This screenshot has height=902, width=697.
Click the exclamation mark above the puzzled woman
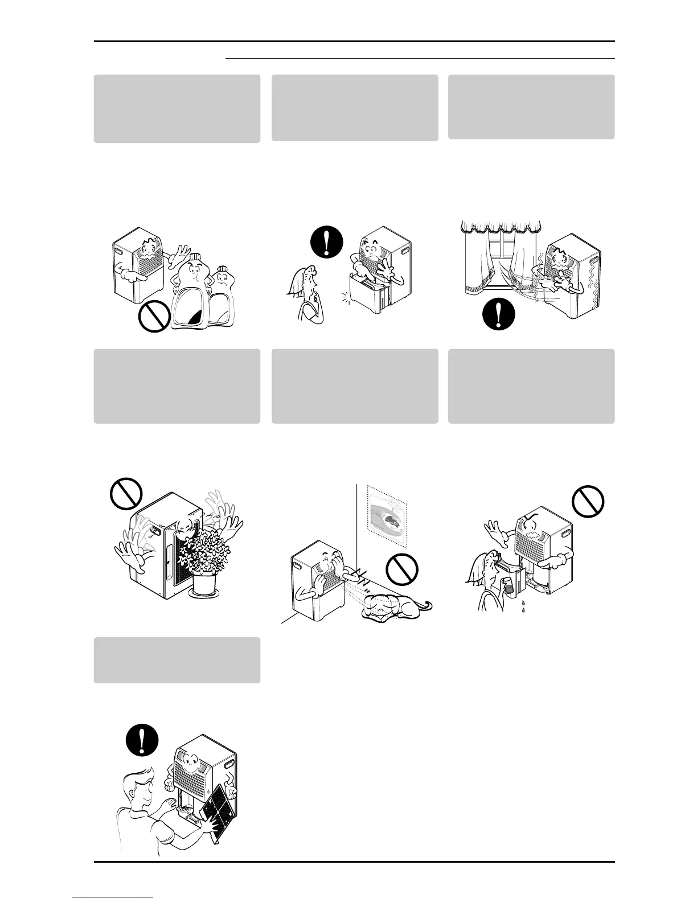327,243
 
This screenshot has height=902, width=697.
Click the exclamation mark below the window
499,313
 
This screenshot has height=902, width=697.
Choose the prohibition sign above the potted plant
125,491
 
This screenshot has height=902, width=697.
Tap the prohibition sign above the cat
402,569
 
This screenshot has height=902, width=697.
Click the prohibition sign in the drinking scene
588,501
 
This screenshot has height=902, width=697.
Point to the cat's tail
423,605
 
